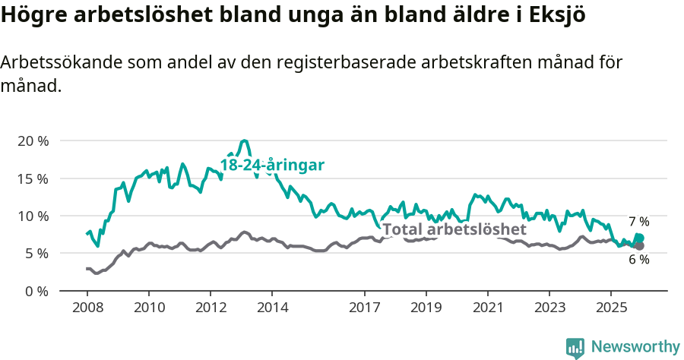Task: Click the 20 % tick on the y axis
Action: (x=33, y=141)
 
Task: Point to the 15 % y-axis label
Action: (x=33, y=178)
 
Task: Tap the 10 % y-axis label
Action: (x=33, y=216)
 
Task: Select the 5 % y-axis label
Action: (x=36, y=253)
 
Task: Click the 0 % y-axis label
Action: (x=36, y=291)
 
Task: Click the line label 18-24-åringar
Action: (x=272, y=165)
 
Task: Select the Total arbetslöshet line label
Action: (x=454, y=229)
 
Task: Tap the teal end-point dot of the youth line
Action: (x=639, y=238)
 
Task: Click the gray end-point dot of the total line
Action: (x=639, y=246)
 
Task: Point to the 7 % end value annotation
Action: (x=638, y=222)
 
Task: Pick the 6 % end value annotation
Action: (x=638, y=260)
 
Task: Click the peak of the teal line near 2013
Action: (x=244, y=141)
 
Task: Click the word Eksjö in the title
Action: (x=557, y=17)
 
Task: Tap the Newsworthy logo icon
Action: (x=575, y=347)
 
